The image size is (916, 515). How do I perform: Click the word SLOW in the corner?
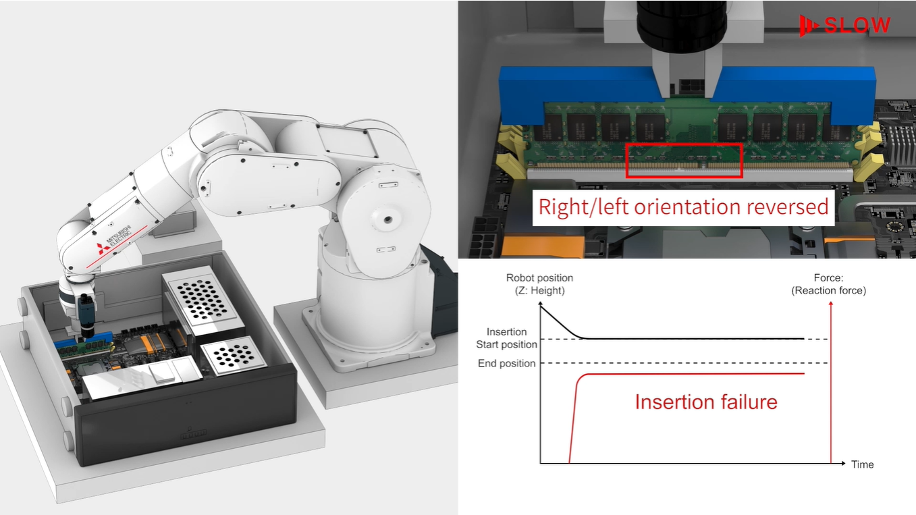tap(857, 26)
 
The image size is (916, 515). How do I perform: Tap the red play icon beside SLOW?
tap(807, 26)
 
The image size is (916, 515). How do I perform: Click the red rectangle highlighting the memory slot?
tap(684, 160)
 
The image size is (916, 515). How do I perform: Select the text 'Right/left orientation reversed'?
tap(682, 207)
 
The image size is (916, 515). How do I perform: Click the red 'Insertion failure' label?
tap(705, 402)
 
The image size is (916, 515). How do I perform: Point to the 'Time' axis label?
tap(862, 464)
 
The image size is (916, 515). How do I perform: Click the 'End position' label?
tap(506, 363)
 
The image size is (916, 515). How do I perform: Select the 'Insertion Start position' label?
tap(506, 338)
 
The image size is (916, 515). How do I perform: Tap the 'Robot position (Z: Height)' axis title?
tap(539, 283)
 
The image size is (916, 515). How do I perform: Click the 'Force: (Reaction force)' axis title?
tap(828, 283)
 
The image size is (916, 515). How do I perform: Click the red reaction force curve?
tap(675, 374)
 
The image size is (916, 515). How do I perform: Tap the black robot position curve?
tap(675, 338)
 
